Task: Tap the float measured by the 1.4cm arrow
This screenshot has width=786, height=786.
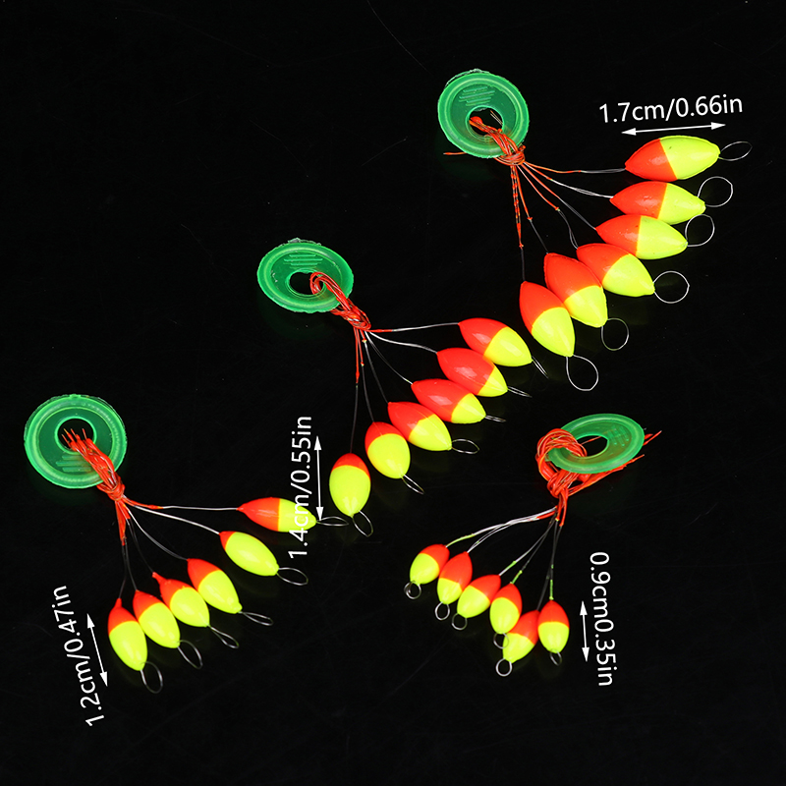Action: click(x=349, y=483)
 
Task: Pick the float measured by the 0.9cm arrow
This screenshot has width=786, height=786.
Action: click(x=553, y=626)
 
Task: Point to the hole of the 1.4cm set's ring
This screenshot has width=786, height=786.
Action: click(x=296, y=279)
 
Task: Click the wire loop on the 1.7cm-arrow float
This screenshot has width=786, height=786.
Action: click(x=734, y=150)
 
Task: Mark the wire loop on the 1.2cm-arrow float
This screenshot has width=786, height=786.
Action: click(x=150, y=677)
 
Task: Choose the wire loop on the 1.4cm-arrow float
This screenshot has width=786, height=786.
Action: click(x=363, y=524)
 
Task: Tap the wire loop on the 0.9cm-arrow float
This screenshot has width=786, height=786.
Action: click(x=556, y=658)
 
